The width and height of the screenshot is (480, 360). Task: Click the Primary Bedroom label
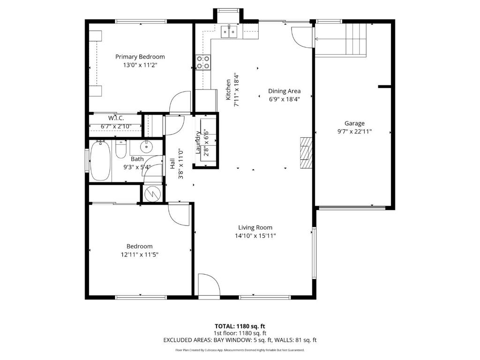(140, 57)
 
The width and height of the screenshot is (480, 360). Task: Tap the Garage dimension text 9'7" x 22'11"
(354, 132)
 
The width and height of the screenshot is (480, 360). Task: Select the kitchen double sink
(229, 31)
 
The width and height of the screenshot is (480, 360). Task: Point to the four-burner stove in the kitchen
(203, 62)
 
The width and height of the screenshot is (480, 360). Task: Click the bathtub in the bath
(100, 160)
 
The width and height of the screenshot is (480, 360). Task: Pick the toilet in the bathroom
(121, 149)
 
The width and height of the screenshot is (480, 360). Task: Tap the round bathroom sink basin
(146, 147)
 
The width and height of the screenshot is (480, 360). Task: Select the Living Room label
(255, 227)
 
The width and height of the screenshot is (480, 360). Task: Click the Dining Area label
(285, 91)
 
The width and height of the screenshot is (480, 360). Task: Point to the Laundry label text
(198, 142)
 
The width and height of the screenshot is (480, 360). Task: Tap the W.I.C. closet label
(116, 118)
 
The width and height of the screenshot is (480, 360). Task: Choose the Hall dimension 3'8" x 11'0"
(180, 164)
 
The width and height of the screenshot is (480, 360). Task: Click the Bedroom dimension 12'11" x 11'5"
(140, 255)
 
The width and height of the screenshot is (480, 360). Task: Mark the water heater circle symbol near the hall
(152, 193)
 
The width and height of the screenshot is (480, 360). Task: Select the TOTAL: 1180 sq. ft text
(240, 326)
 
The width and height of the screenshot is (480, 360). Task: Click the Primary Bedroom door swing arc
(180, 102)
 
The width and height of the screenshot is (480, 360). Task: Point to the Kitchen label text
(228, 90)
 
